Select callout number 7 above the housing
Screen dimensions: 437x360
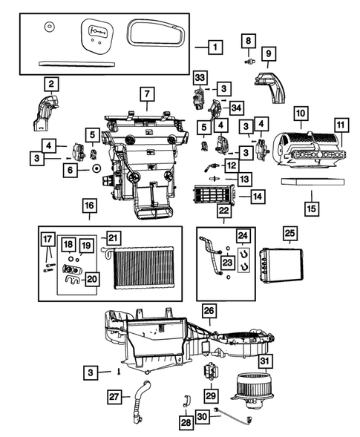(x=146, y=95)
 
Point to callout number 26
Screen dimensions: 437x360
(x=209, y=309)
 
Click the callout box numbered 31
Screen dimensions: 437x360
(x=264, y=362)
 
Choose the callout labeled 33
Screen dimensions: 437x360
(x=199, y=77)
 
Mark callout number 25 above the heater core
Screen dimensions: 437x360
(x=287, y=234)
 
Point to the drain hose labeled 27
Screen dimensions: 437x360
(x=140, y=408)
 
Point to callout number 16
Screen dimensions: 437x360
(x=88, y=205)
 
